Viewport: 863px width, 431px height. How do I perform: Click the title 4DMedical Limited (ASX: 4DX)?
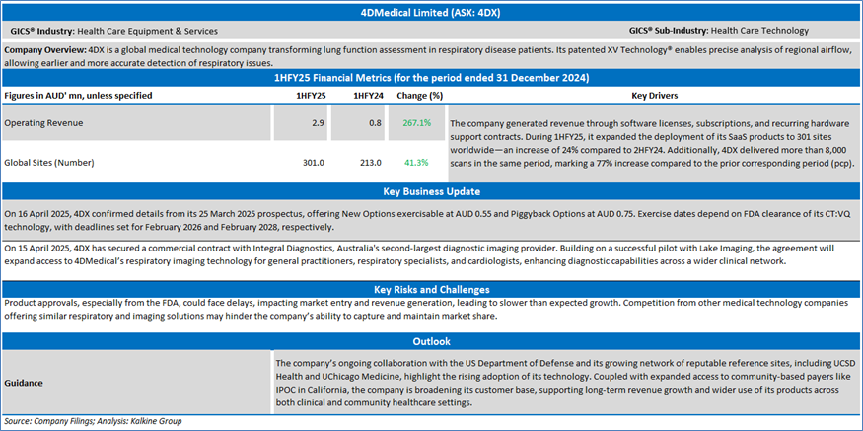click(x=431, y=13)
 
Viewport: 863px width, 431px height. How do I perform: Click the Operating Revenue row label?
click(x=43, y=123)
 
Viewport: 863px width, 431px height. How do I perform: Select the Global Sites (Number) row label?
click(x=51, y=162)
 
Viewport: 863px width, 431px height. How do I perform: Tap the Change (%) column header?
click(x=419, y=96)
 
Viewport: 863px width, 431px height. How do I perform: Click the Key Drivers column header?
click(x=653, y=96)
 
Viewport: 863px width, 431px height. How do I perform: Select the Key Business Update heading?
click(x=431, y=191)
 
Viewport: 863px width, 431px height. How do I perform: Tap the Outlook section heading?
click(x=431, y=341)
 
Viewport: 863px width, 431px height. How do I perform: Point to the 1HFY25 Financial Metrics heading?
click(x=431, y=77)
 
